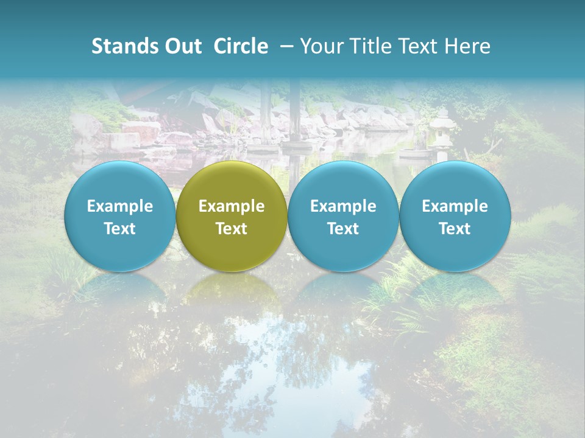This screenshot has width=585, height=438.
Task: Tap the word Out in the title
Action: coord(181,46)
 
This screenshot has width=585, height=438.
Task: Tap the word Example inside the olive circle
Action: coord(232,206)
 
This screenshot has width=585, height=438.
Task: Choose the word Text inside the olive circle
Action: coord(232,229)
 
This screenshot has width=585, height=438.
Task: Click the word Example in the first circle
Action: coord(120,206)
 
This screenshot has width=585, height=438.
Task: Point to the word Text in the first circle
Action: coord(120,229)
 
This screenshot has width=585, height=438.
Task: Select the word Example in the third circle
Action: coord(343,206)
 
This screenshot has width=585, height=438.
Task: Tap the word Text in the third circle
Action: coord(343,229)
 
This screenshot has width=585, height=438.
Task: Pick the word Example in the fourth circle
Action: coord(455,206)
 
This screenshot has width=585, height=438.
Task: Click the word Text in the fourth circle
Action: coord(455,229)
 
